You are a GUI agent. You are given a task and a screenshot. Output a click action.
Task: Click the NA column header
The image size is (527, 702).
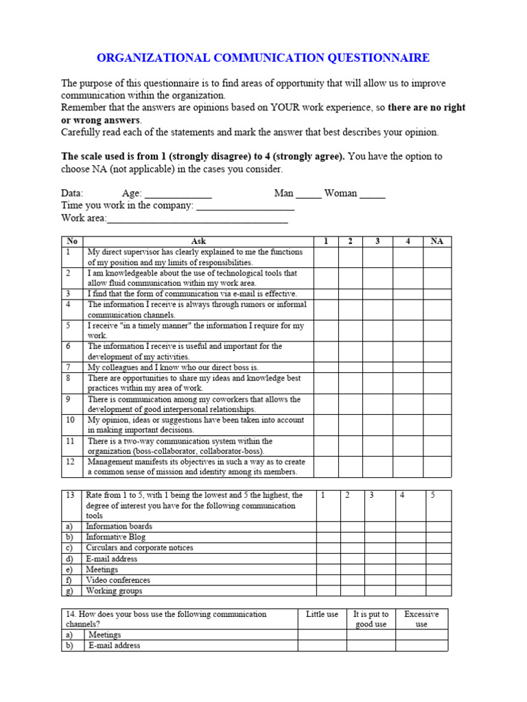tap(437, 241)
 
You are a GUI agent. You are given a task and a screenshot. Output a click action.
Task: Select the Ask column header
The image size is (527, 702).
tap(198, 241)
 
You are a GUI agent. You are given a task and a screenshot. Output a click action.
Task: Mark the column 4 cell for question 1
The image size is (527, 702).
tap(408, 257)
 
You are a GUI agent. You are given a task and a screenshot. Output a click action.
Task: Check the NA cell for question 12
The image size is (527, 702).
tap(437, 467)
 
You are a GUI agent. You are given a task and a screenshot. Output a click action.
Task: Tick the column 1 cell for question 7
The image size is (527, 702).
tap(327, 367)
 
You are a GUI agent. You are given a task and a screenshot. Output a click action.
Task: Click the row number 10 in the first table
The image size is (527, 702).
tap(71, 420)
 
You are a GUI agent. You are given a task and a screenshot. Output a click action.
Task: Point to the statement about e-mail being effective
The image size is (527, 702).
tap(182, 293)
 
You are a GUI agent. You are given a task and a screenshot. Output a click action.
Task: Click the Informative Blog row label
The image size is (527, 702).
tap(115, 537)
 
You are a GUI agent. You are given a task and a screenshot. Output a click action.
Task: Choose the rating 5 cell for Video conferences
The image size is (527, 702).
tap(438, 580)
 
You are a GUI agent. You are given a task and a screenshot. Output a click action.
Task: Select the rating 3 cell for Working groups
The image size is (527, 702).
tap(379, 590)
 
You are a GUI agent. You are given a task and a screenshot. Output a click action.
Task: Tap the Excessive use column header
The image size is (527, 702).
tap(421, 619)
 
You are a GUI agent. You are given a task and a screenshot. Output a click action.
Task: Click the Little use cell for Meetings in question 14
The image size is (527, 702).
tap(322, 635)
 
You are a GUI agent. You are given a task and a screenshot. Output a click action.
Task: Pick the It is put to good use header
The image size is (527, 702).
tap(371, 619)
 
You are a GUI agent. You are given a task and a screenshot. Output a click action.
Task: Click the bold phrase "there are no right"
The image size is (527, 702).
tap(426, 108)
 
